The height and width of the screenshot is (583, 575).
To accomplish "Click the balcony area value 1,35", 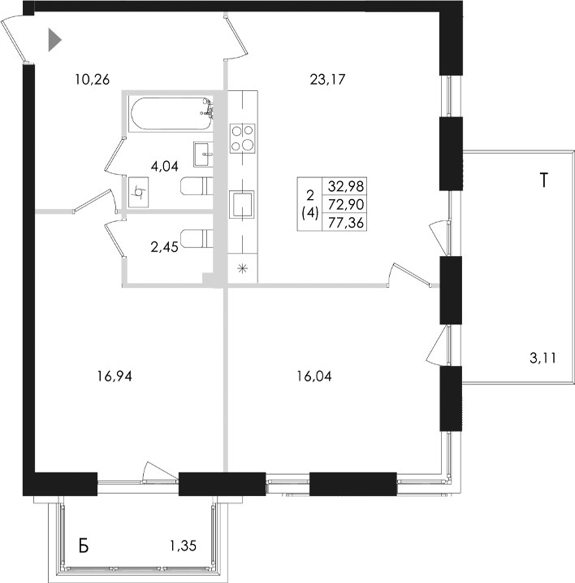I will coord(184,545).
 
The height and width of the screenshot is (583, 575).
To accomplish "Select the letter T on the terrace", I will coord(546,181).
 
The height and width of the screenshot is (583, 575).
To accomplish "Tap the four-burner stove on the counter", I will coord(241,138).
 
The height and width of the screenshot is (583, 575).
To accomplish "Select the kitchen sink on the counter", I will coord(242,203).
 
